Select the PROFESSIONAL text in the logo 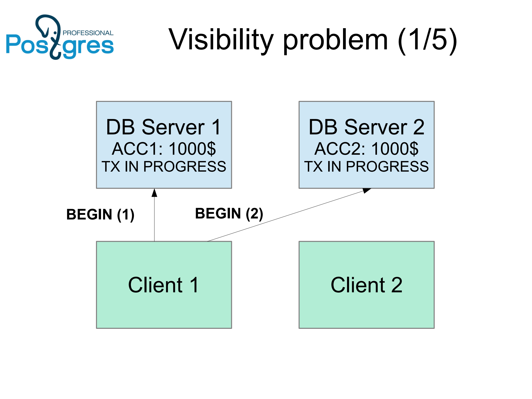pyautogui.click(x=88, y=33)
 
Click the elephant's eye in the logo pyautogui.click(x=55, y=33)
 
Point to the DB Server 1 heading pyautogui.click(x=164, y=127)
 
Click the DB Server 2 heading pyautogui.click(x=366, y=127)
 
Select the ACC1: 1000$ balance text pyautogui.click(x=164, y=149)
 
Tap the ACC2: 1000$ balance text pyautogui.click(x=366, y=149)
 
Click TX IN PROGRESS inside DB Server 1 pyautogui.click(x=164, y=167)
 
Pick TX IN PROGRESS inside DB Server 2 pyautogui.click(x=366, y=167)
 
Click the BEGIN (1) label pyautogui.click(x=100, y=215)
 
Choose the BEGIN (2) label pyautogui.click(x=229, y=214)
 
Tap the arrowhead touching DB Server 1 pyautogui.click(x=154, y=193)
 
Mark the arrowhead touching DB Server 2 pyautogui.click(x=367, y=190)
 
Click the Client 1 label pyautogui.click(x=164, y=285)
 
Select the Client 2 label pyautogui.click(x=366, y=285)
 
